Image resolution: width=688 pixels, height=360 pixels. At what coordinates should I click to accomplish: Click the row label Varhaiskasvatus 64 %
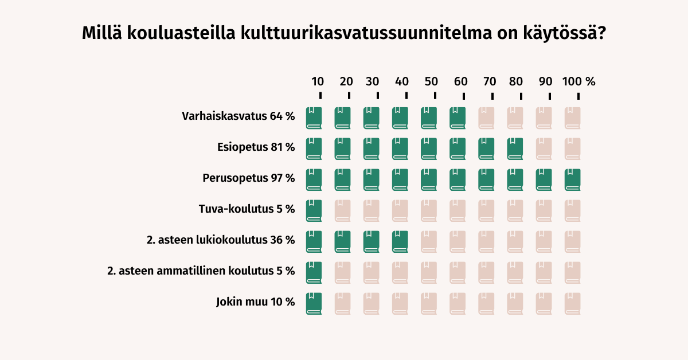tap(238, 116)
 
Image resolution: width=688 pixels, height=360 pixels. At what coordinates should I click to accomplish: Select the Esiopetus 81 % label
tap(256, 147)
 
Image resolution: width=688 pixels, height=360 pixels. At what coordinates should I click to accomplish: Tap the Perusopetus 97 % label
tap(248, 178)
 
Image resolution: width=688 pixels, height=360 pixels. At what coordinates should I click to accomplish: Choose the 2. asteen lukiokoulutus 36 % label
tap(220, 240)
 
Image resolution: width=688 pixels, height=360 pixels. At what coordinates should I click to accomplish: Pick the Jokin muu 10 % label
tap(255, 302)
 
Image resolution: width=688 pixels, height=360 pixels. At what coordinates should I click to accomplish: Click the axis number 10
tap(318, 81)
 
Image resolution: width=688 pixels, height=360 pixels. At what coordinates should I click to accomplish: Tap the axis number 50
tap(432, 81)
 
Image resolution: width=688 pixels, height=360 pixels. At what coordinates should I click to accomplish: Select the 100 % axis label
tap(578, 81)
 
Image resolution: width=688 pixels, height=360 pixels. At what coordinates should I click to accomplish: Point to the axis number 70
tap(489, 81)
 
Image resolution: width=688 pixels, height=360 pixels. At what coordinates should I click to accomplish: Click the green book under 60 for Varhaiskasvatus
tap(458, 118)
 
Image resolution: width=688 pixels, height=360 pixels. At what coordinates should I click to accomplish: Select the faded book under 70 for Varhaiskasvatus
tap(486, 118)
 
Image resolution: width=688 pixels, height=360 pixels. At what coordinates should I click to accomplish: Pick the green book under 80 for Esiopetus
tap(515, 148)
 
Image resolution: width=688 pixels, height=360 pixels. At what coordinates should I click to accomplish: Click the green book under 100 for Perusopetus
tap(572, 179)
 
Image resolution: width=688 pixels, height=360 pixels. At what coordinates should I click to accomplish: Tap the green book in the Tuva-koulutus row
tap(314, 210)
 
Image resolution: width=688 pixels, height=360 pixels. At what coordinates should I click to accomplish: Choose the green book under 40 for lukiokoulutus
tap(400, 241)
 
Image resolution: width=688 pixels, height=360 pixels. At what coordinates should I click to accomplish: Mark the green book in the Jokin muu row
tap(314, 303)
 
